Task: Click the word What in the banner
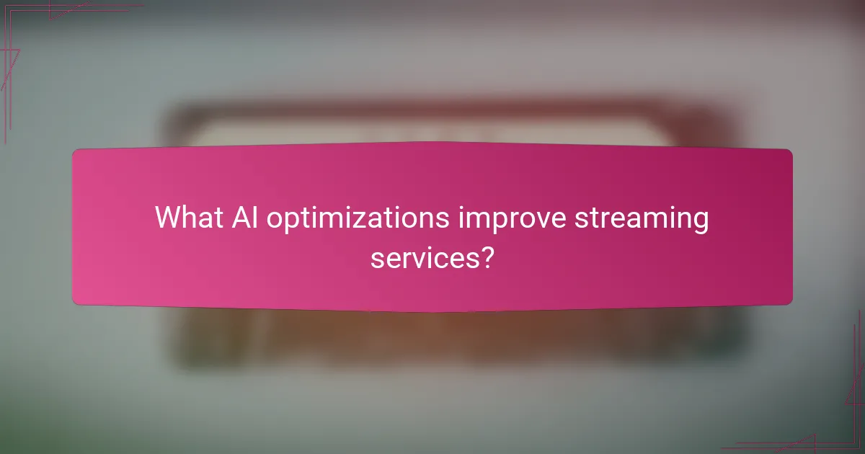pos(186,218)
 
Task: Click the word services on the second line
pos(424,257)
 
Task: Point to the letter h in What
pos(188,217)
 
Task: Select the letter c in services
pos(452,258)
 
